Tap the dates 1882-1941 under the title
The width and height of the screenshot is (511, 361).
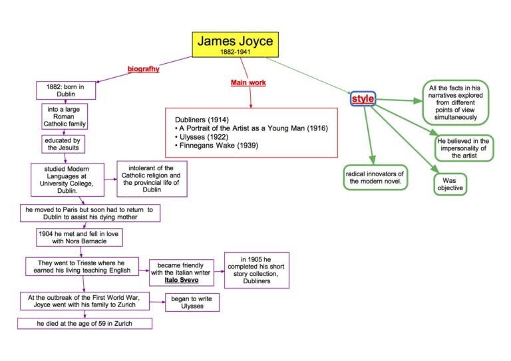point(235,51)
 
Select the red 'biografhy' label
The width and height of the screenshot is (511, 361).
point(143,68)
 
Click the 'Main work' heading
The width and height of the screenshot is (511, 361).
point(248,82)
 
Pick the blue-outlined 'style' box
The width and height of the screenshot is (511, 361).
point(363,99)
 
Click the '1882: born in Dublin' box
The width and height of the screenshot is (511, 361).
point(65,90)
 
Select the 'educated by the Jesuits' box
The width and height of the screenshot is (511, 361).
point(63,144)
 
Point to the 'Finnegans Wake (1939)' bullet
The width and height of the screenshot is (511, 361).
point(215,145)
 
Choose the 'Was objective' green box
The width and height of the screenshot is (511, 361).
point(450,183)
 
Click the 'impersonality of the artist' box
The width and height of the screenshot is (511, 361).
point(464,148)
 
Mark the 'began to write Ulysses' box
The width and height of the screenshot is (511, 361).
point(192,302)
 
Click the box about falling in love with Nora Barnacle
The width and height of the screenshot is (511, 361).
point(80,238)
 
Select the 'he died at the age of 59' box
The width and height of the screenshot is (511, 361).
point(85,324)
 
